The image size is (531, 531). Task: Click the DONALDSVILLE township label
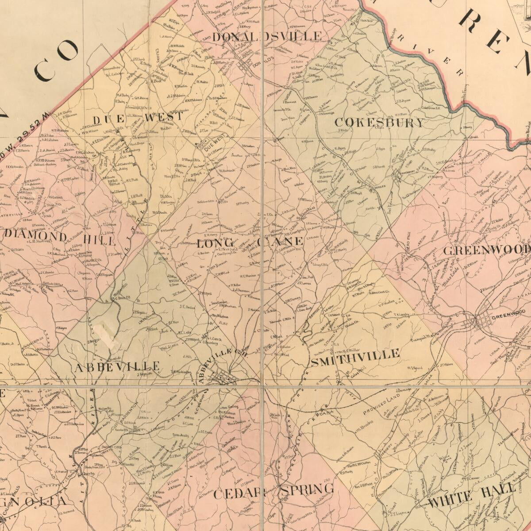[267, 36]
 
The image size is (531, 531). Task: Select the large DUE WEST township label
[138, 118]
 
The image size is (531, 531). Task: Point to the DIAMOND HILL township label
[60, 239]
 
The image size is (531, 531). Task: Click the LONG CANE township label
[250, 242]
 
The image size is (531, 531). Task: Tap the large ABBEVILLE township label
[116, 366]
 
